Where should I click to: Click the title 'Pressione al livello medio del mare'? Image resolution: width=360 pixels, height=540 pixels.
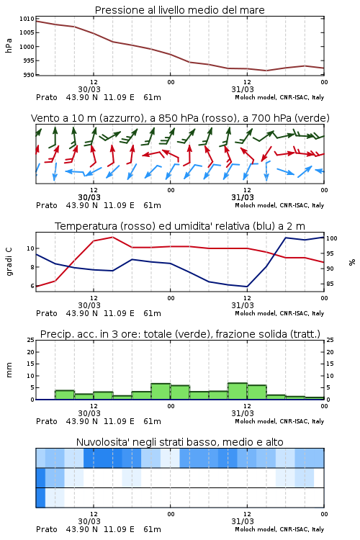pyautogui.click(x=179, y=10)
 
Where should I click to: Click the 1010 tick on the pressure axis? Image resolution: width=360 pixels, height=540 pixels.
pyautogui.click(x=27, y=19)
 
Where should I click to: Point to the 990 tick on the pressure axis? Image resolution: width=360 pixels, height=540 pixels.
pyautogui.click(x=29, y=75)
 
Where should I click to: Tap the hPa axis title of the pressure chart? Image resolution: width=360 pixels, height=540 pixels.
pyautogui.click(x=9, y=46)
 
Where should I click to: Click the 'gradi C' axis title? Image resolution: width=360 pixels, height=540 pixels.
pyautogui.click(x=9, y=262)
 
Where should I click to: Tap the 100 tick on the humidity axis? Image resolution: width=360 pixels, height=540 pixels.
pyautogui.click(x=332, y=238)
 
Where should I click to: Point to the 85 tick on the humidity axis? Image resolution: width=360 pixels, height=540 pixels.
pyautogui.click(x=330, y=284)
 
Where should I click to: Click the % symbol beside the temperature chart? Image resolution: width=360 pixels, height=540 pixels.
pyautogui.click(x=352, y=262)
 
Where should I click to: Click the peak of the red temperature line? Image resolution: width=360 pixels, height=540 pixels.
pyautogui.click(x=112, y=237)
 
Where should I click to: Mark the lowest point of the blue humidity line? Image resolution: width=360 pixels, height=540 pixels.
pyautogui.click(x=247, y=287)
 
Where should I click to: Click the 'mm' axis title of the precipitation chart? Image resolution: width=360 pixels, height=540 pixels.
pyautogui.click(x=9, y=370)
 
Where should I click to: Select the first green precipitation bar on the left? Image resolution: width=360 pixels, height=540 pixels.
pyautogui.click(x=65, y=395)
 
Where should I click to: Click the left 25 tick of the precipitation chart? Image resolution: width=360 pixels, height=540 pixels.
pyautogui.click(x=31, y=340)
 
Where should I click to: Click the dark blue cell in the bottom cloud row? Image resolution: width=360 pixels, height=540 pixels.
pyautogui.click(x=40, y=498)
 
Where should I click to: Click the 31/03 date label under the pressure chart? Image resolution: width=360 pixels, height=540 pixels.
pyautogui.click(x=243, y=89)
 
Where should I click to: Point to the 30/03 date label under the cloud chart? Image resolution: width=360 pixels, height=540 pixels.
pyautogui.click(x=89, y=521)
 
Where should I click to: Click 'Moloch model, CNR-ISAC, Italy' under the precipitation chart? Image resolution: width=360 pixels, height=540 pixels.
pyautogui.click(x=279, y=421)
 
